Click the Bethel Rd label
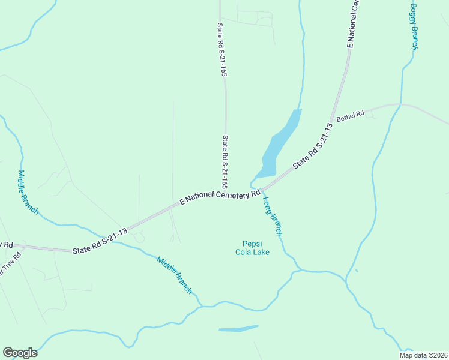click(x=351, y=116)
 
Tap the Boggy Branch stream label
click(x=414, y=26)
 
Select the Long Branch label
click(x=273, y=217)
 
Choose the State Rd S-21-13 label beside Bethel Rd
click(x=313, y=146)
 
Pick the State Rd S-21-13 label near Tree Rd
click(x=100, y=242)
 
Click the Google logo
click(x=19, y=353)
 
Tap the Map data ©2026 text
click(x=423, y=355)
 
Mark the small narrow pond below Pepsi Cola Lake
click(x=238, y=329)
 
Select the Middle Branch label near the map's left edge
click(x=28, y=193)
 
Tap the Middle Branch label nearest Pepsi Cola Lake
click(x=175, y=275)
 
